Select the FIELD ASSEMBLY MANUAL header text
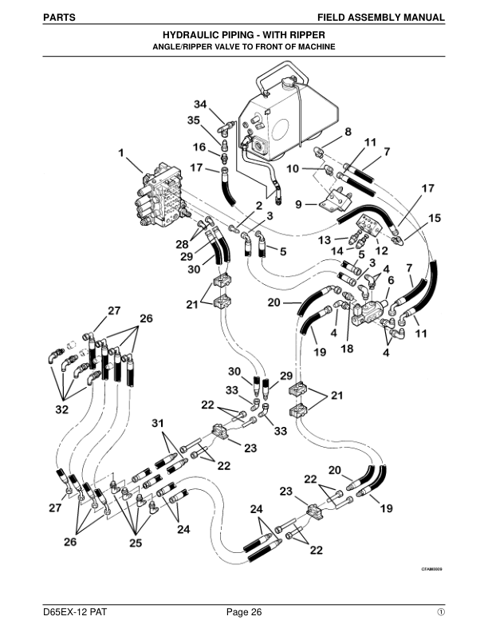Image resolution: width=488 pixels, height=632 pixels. (x=380, y=16)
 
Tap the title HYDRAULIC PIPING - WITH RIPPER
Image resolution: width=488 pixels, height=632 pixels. (x=243, y=36)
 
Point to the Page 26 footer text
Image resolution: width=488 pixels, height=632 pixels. (x=243, y=612)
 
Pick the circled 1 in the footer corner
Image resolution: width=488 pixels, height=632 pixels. (x=439, y=612)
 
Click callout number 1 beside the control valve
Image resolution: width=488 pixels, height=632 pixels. (x=121, y=153)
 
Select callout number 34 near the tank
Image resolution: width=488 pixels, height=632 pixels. (x=200, y=105)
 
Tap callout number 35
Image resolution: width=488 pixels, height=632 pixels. (x=194, y=120)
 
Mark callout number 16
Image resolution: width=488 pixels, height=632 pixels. (x=200, y=147)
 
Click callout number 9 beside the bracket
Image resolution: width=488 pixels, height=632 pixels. (x=298, y=204)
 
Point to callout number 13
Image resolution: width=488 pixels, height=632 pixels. (x=325, y=240)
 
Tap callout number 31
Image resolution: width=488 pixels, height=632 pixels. (x=159, y=422)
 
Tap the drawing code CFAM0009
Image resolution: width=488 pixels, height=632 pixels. (x=431, y=570)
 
